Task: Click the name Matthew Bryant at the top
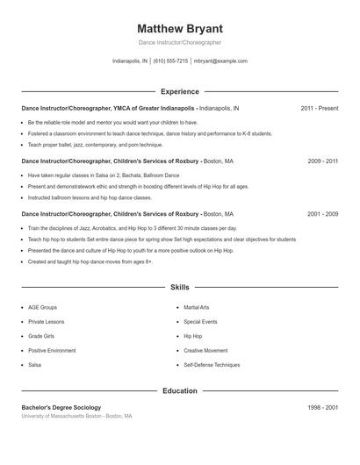coord(180,28)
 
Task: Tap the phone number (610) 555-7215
coord(170,61)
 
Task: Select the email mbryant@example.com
coord(220,61)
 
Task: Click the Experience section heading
coord(180,91)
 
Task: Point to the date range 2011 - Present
coord(319,108)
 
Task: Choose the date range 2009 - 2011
coord(323,161)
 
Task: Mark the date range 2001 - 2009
coord(323,214)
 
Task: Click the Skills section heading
coord(180,287)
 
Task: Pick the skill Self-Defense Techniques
coord(212,364)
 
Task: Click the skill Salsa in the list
coord(35,364)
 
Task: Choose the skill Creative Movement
coord(205,350)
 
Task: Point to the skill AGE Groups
coord(42,308)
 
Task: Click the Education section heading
coord(180,390)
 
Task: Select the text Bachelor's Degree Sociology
coord(61,407)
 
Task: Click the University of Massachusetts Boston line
coord(76,416)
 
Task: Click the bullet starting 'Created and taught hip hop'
coord(90,261)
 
